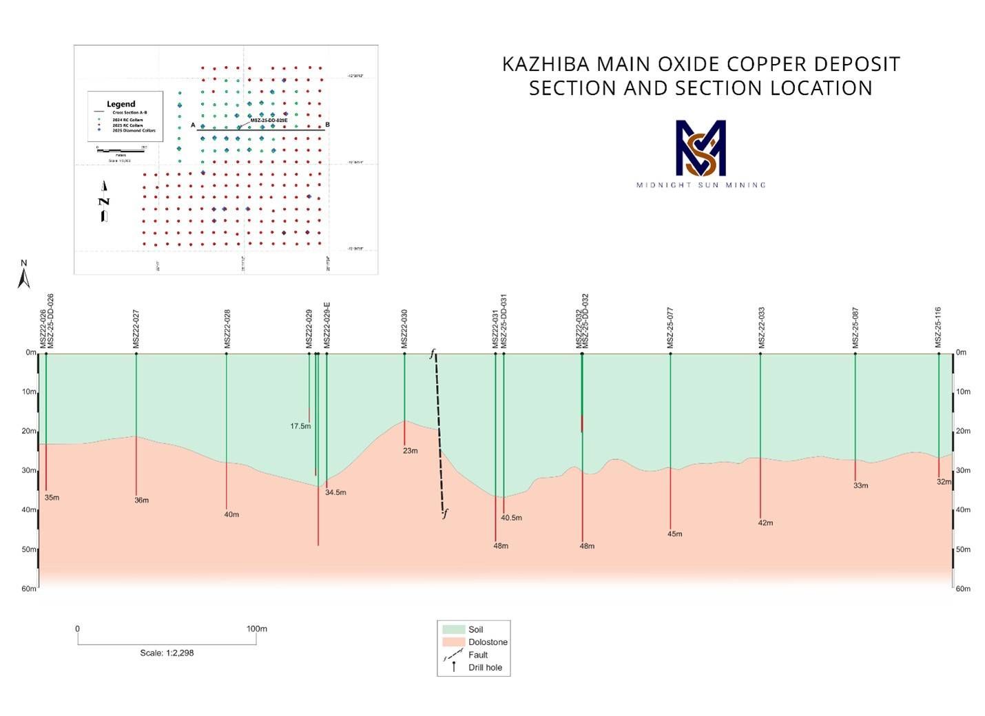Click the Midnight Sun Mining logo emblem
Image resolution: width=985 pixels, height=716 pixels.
(701, 147)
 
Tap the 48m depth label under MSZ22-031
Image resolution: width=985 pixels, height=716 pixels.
(501, 546)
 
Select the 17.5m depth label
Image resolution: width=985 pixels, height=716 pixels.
(300, 426)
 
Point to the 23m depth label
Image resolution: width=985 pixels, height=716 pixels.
(410, 451)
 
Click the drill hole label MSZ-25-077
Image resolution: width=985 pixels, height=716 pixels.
(670, 328)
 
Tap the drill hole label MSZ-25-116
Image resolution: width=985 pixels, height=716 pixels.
(938, 328)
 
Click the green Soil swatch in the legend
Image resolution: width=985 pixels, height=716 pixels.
(453, 629)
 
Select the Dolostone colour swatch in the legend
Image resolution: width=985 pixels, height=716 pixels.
(453, 642)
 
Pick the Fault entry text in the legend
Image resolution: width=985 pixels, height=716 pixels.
(478, 655)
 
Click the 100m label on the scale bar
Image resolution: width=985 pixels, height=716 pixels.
(256, 629)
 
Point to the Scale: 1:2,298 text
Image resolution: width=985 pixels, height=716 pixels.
(167, 653)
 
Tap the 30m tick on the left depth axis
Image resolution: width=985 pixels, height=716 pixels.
(29, 471)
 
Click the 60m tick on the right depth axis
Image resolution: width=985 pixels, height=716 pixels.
(962, 589)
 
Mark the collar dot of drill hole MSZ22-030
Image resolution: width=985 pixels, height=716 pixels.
(404, 354)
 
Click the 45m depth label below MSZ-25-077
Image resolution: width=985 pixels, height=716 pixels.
(675, 534)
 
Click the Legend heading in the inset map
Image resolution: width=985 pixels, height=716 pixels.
(121, 104)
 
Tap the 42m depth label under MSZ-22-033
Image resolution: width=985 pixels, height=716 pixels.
(765, 523)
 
